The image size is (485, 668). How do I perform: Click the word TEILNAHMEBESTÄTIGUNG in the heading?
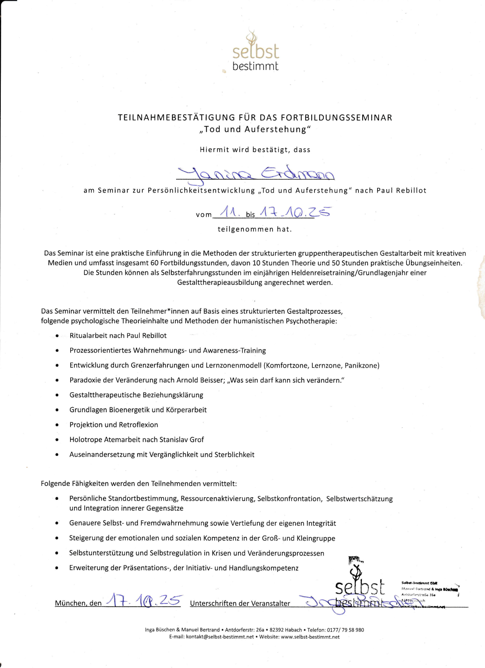coord(176,117)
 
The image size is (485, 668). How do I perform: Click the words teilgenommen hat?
coord(255,229)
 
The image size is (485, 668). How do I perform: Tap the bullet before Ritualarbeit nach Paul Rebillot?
coord(57,336)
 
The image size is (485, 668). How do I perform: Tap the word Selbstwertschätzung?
coord(359,499)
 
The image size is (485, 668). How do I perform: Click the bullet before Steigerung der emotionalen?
coord(57,538)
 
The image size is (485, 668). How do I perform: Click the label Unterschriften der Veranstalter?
coord(240,603)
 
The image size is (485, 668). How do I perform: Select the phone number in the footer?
coord(345,630)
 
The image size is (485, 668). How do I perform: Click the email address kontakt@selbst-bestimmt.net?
coord(220,637)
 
